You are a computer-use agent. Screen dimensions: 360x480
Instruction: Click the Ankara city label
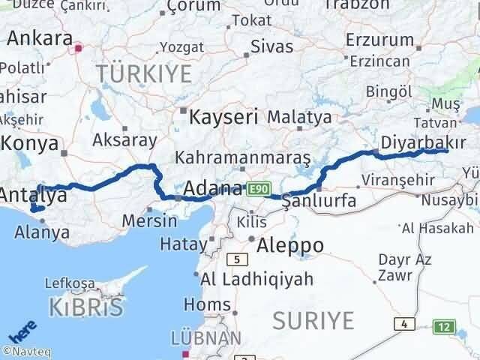(40, 38)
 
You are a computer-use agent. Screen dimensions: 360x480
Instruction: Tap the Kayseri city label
(223, 118)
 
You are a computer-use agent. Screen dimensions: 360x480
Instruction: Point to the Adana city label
(213, 187)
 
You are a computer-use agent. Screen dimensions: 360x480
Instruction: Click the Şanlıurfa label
(323, 202)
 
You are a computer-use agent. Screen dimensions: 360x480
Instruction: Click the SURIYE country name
(312, 320)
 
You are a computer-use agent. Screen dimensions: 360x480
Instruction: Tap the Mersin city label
(151, 221)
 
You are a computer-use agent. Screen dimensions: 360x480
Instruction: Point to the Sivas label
(271, 46)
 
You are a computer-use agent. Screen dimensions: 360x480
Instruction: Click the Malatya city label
(298, 118)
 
